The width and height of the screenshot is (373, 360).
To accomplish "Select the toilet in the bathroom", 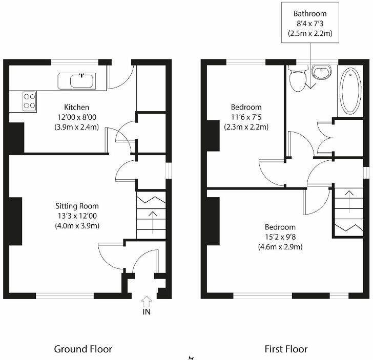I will click(x=297, y=79).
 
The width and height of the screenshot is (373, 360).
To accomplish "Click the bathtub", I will click(x=350, y=91).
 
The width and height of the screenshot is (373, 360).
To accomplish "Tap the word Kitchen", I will click(x=76, y=108).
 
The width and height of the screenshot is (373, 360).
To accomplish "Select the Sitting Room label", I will click(x=77, y=206).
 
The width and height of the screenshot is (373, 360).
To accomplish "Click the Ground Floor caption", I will click(x=83, y=349).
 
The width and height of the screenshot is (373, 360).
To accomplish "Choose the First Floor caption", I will click(x=286, y=349).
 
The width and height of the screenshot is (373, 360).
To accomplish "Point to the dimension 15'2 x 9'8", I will click(x=280, y=237).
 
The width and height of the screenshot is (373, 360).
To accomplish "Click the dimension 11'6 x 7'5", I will click(x=246, y=117).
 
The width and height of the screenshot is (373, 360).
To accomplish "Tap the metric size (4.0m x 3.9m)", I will click(x=77, y=225).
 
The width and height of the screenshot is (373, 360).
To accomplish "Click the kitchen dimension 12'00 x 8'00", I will click(x=76, y=117).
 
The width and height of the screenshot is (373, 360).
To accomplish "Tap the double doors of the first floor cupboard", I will click(x=325, y=138).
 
